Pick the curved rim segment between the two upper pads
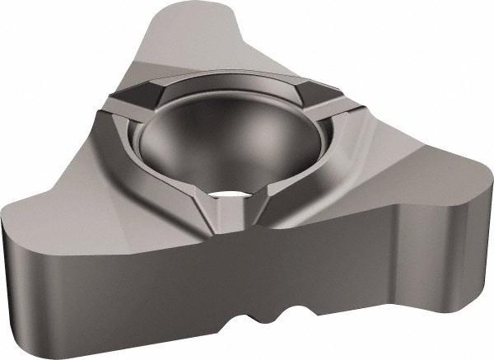pos(231,80)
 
